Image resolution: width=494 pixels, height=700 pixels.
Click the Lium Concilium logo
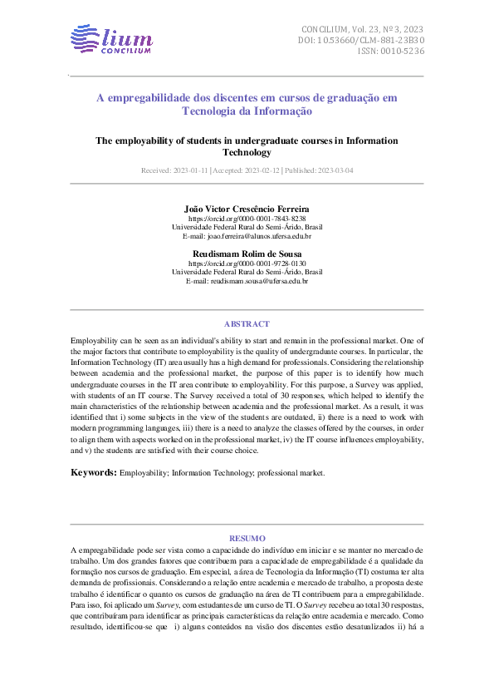tap(111, 39)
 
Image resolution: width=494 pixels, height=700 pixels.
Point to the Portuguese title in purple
tap(247, 104)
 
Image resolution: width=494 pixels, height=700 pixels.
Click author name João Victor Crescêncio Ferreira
tap(247, 208)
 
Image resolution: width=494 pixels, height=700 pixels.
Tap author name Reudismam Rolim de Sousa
tap(247, 253)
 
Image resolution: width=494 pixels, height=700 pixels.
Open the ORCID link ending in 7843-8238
tap(247, 218)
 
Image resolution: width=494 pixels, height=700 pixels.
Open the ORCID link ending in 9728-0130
tap(247, 263)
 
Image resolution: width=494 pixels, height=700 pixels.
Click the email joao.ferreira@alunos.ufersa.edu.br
tap(247, 236)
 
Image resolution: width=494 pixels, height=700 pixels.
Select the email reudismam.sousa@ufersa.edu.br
tap(247, 281)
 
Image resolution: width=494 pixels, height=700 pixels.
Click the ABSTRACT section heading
tap(247, 323)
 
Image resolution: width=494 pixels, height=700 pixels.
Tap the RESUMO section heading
tap(247, 539)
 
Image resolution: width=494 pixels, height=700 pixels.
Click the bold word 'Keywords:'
tap(93, 472)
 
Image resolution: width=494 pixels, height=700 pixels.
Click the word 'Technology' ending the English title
tap(247, 153)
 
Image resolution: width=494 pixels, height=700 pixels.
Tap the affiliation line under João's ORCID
tap(247, 227)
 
